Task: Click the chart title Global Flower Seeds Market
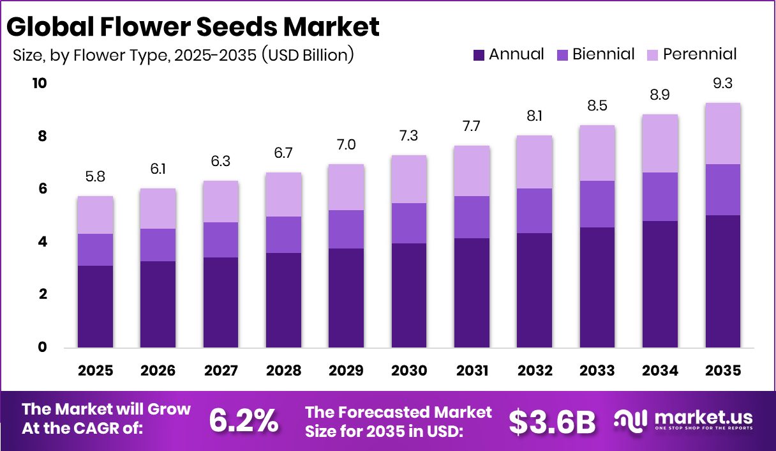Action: (193, 27)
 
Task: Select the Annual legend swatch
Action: (479, 55)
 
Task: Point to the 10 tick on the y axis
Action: (40, 84)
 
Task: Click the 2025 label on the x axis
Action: (96, 371)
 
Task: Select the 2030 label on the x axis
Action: (409, 371)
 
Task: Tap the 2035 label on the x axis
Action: (722, 371)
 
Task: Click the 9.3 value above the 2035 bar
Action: (722, 83)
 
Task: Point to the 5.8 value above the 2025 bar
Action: (96, 176)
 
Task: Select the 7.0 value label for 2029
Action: (346, 144)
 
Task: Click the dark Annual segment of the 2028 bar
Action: (283, 300)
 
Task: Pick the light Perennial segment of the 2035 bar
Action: (722, 133)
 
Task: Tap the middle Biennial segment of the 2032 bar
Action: (534, 211)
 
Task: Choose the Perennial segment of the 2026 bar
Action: (158, 208)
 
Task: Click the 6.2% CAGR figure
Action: (244, 421)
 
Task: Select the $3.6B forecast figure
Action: (552, 421)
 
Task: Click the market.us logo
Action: (683, 421)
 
